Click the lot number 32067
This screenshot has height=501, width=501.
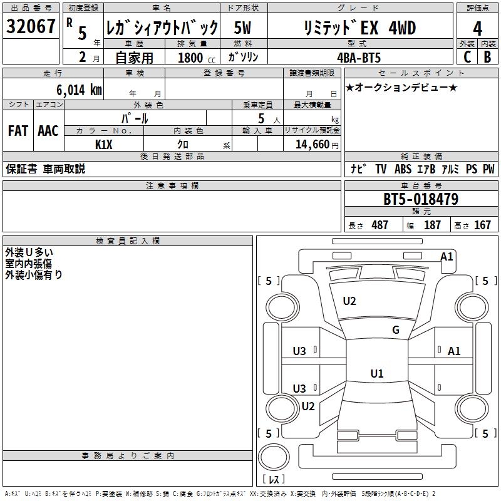(x=31, y=27)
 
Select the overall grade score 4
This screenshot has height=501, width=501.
(x=477, y=29)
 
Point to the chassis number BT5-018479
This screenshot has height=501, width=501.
(x=421, y=199)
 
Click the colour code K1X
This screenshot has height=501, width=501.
(x=104, y=144)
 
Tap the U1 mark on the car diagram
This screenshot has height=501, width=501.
(x=377, y=374)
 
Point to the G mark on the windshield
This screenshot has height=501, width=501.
(x=396, y=330)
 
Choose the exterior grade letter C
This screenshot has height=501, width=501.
(x=467, y=57)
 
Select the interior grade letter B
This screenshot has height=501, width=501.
(x=487, y=57)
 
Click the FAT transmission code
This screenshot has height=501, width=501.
(x=18, y=130)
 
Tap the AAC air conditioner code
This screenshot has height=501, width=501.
(x=48, y=130)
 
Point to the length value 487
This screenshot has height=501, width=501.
(x=380, y=225)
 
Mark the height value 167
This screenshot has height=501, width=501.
(x=482, y=225)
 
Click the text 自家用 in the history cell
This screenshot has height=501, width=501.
(x=133, y=57)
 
